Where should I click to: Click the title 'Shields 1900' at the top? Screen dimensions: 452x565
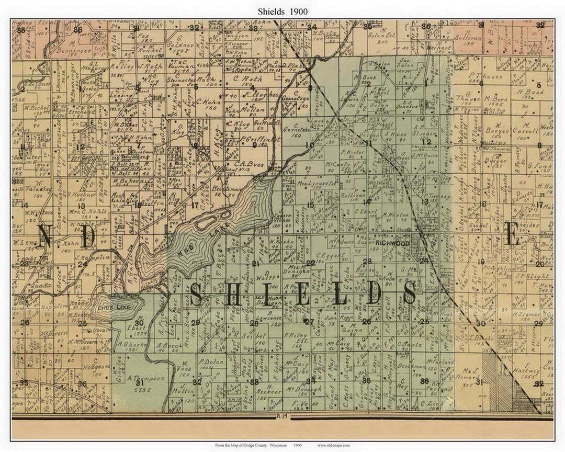pos(282,11)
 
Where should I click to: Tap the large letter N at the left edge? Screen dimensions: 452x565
pos(44,237)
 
